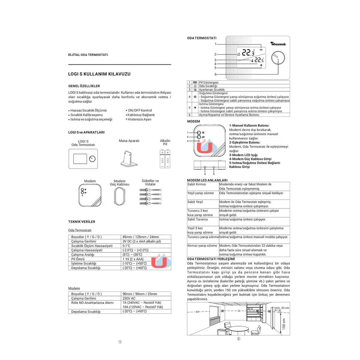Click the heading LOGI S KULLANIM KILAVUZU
(99, 74)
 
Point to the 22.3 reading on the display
(248, 53)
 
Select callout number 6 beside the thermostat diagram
(216, 75)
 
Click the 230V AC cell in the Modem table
(129, 298)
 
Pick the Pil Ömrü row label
(78, 259)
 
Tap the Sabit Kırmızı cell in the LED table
(197, 184)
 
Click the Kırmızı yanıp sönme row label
(202, 246)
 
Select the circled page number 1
(120, 342)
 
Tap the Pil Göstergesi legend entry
(208, 82)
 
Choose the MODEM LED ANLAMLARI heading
(204, 180)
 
